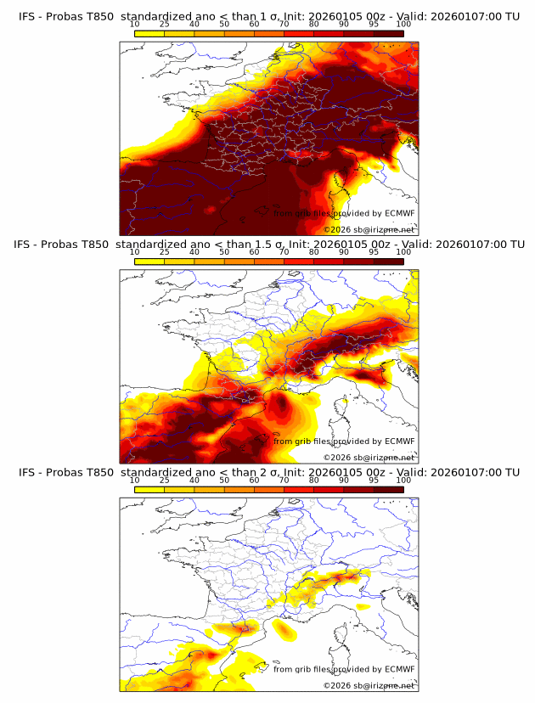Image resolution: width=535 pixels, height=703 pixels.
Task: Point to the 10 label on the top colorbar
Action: pyautogui.click(x=135, y=25)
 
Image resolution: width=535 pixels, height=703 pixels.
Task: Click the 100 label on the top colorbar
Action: pyautogui.click(x=403, y=25)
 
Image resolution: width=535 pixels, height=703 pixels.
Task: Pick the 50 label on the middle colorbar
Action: pyautogui.click(x=224, y=252)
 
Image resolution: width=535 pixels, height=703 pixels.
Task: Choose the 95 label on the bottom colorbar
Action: pyautogui.click(x=374, y=480)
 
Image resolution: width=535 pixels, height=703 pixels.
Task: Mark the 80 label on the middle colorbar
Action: pyautogui.click(x=314, y=252)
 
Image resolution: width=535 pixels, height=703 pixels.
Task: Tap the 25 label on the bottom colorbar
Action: pyautogui.click(x=165, y=480)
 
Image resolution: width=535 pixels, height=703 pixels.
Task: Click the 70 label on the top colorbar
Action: pyautogui.click(x=284, y=25)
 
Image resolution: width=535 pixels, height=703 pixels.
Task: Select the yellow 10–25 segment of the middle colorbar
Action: pyautogui.click(x=149, y=262)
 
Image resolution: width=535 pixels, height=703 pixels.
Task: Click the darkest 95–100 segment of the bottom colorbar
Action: pyautogui.click(x=388, y=489)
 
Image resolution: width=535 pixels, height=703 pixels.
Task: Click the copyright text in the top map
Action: pyautogui.click(x=369, y=229)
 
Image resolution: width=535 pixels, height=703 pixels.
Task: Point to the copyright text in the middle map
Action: pyautogui.click(x=369, y=457)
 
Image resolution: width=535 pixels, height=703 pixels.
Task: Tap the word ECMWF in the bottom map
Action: pyautogui.click(x=399, y=669)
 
